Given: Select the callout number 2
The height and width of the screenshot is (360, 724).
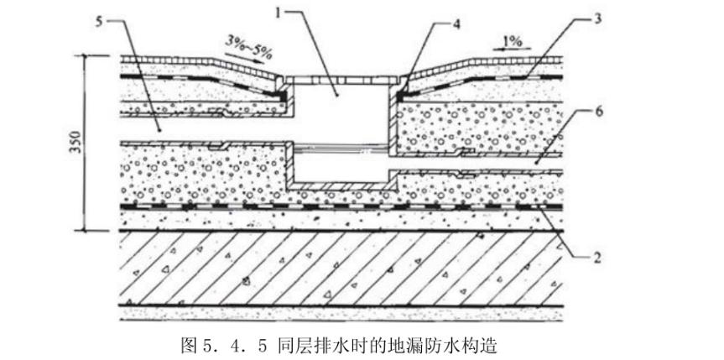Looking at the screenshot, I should click(596, 258).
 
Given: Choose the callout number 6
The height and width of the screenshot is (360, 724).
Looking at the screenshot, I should click(596, 109).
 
